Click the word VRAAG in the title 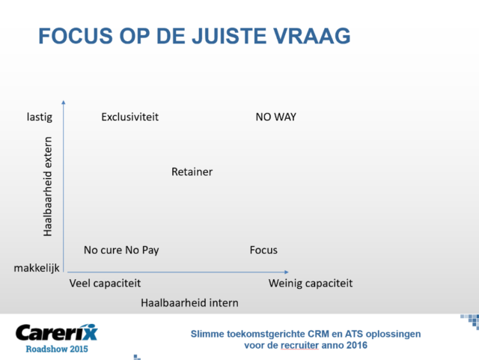click(x=311, y=36)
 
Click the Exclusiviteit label click(x=129, y=117)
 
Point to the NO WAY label click(x=276, y=117)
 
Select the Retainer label click(x=192, y=171)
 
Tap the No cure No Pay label click(x=121, y=250)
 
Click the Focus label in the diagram click(x=263, y=250)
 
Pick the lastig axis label click(x=40, y=117)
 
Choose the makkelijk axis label click(x=37, y=269)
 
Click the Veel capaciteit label click(x=105, y=284)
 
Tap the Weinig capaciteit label click(x=311, y=284)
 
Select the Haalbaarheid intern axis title click(x=189, y=303)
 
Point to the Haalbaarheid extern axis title click(x=48, y=186)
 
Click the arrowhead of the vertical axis click(x=63, y=103)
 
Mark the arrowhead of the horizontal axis click(x=286, y=272)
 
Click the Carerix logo click(x=57, y=332)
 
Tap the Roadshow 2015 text click(x=57, y=349)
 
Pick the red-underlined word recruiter click(x=299, y=345)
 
